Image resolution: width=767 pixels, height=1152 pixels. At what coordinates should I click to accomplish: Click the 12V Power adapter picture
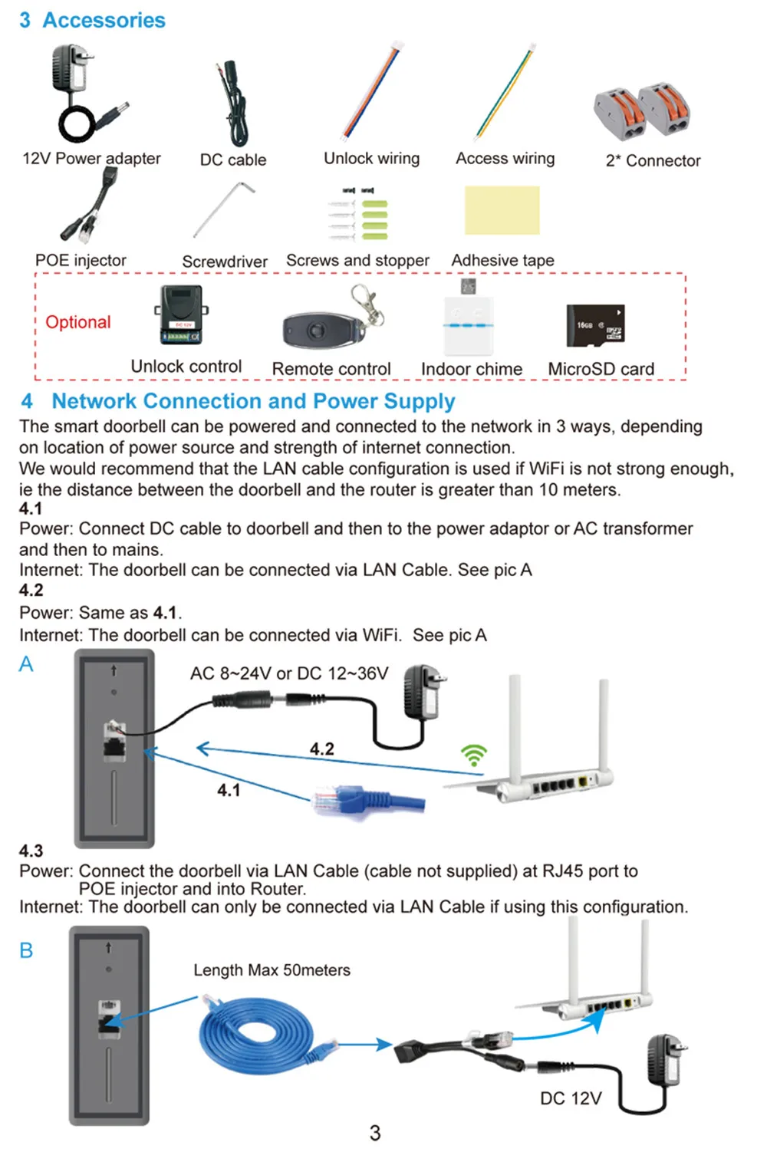click(86, 94)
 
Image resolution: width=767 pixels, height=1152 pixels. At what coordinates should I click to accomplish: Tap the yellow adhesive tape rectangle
click(502, 210)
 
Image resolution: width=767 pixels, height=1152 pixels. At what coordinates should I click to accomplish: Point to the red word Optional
click(78, 322)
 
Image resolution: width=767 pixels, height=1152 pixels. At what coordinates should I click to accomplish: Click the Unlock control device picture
click(181, 315)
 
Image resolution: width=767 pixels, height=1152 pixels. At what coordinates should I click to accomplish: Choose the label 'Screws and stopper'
click(357, 261)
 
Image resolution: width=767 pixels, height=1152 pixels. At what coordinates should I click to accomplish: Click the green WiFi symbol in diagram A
click(474, 755)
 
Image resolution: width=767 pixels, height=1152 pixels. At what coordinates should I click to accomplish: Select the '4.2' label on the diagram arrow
click(322, 749)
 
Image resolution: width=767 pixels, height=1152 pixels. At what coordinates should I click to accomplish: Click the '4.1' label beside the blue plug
click(229, 790)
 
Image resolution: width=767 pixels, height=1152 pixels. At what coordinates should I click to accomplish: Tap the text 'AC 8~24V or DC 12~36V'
click(289, 673)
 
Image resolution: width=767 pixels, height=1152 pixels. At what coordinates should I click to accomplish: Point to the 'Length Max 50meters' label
click(272, 970)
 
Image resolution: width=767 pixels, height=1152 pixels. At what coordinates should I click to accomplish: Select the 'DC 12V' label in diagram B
click(571, 1098)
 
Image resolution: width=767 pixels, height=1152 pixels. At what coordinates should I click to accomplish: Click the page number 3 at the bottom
click(375, 1132)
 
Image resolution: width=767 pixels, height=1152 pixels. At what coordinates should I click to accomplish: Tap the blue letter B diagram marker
click(26, 950)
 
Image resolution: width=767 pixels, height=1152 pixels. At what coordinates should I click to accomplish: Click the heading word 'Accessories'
click(104, 20)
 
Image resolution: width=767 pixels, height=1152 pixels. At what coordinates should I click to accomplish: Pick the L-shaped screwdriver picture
click(224, 209)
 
